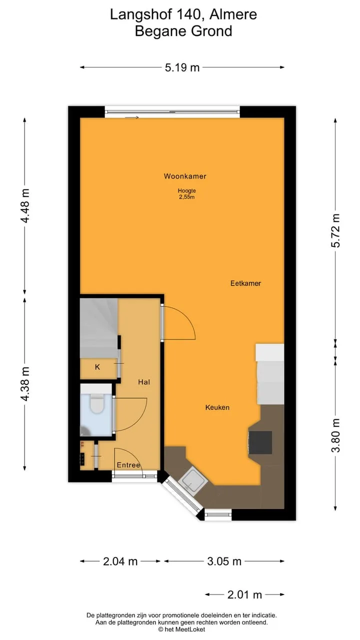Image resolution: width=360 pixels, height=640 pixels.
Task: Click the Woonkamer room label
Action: pos(185,176)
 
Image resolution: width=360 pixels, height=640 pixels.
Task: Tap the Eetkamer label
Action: pos(245,283)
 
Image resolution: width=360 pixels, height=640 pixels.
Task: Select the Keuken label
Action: pos(217,407)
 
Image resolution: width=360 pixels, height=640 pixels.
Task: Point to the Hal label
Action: pos(144,382)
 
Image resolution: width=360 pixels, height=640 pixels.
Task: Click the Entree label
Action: pos(128,465)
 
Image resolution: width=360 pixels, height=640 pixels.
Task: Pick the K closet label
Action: pos(97,367)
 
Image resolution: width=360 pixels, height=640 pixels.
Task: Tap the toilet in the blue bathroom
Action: pos(97,403)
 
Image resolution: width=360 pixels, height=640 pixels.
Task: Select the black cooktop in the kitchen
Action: pos(260,442)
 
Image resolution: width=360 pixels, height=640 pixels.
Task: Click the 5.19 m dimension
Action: pos(182,67)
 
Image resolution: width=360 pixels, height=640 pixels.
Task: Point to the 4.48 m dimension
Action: pos(25,205)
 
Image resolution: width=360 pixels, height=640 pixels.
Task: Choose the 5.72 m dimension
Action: pos(335,230)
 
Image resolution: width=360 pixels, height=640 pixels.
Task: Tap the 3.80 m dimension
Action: pos(335,435)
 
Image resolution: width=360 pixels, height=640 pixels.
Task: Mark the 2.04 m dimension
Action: pos(120,561)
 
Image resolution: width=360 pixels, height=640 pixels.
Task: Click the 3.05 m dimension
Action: pos(224,561)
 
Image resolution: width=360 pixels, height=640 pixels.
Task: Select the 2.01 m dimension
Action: pos(244,594)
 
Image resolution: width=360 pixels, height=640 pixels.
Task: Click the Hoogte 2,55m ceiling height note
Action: pos(187,193)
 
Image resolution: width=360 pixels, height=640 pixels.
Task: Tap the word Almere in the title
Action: pos(233,14)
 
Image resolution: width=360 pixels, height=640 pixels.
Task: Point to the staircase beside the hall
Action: pos(99,328)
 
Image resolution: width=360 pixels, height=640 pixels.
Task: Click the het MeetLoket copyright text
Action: pos(181,629)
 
